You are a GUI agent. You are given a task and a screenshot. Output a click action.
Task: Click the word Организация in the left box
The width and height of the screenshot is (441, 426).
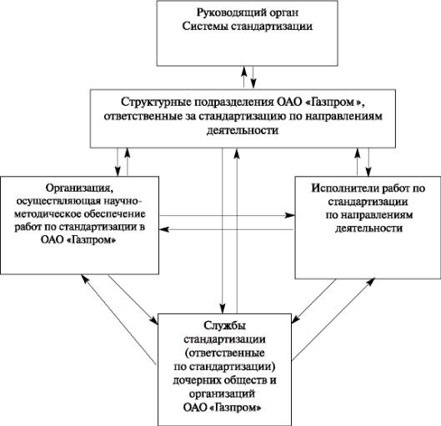[x=79, y=188]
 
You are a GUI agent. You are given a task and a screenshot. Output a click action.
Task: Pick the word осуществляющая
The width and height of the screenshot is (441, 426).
[x=58, y=202]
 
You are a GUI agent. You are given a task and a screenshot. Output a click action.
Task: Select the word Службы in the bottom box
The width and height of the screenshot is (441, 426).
[x=225, y=326]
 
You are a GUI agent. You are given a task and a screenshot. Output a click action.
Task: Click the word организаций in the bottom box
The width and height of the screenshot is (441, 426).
[x=223, y=394]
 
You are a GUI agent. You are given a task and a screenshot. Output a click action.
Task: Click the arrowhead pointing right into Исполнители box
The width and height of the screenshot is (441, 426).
[x=290, y=216]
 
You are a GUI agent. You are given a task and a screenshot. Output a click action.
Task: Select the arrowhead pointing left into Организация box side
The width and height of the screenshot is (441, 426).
[x=164, y=229]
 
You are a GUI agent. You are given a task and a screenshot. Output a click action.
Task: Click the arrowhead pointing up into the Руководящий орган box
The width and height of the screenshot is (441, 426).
[x=244, y=71]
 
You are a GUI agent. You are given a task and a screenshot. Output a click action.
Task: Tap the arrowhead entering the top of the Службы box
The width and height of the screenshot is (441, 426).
[x=223, y=308]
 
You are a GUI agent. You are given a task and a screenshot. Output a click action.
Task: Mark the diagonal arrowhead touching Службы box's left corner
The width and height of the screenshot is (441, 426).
[x=153, y=319]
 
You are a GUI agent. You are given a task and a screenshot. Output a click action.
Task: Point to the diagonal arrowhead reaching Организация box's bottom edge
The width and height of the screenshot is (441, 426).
[x=85, y=279]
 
